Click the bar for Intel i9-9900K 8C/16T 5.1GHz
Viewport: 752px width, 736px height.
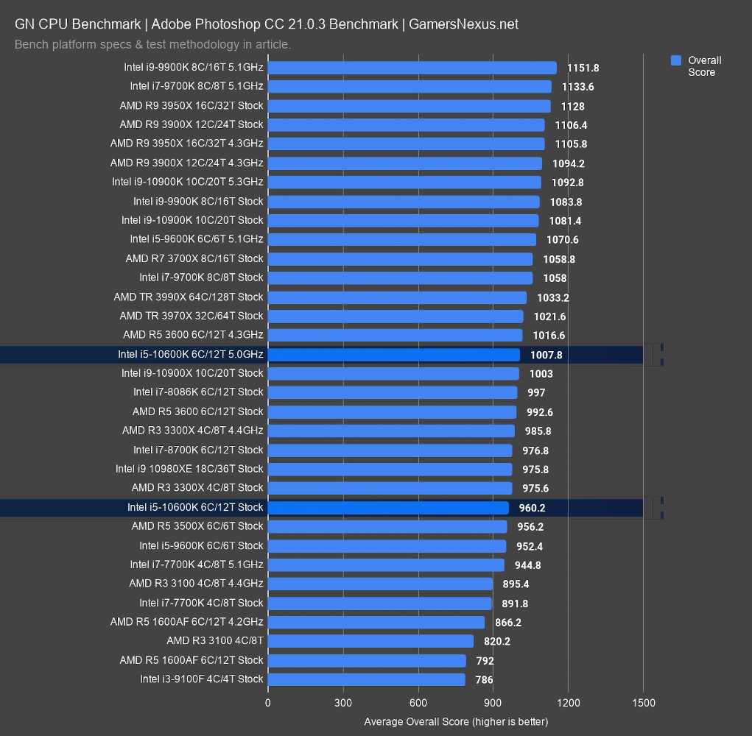tap(412, 68)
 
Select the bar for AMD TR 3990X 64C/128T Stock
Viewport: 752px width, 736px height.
tap(397, 297)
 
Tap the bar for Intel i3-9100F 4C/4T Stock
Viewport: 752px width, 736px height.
tap(366, 679)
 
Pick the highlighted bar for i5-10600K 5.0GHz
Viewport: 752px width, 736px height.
tap(393, 355)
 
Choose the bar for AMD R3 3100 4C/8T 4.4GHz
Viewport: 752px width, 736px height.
tap(380, 584)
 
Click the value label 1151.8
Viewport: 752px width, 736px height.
tap(583, 68)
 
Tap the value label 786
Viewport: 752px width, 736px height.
tap(484, 680)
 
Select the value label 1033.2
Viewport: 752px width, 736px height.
tap(552, 297)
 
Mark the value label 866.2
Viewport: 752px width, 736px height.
tap(508, 623)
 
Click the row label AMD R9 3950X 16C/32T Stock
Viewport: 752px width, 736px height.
tap(191, 105)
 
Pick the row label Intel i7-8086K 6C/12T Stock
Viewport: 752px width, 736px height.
tap(198, 392)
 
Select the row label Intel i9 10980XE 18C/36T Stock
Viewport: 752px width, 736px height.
tap(189, 469)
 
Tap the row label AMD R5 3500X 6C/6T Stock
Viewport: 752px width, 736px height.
tap(197, 526)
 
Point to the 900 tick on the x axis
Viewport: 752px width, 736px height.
tap(493, 703)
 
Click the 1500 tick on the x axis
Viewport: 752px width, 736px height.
tap(643, 703)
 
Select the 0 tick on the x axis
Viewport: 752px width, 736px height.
tap(267, 703)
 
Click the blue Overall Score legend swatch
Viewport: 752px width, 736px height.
tap(676, 60)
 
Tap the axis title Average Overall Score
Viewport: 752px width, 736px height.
tap(456, 721)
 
